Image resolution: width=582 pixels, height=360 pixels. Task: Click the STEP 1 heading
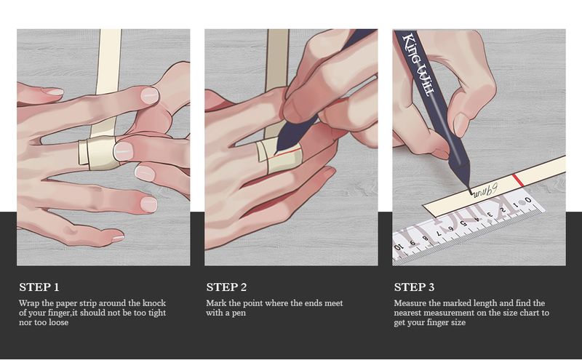[39, 287]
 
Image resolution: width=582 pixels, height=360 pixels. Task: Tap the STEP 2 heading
[226, 287]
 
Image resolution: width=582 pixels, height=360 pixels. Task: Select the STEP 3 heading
[414, 287]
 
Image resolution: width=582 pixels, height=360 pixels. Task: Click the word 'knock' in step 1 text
[154, 303]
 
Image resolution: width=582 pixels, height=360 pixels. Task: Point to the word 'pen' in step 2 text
[239, 313]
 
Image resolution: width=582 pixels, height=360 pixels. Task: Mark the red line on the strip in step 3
[518, 180]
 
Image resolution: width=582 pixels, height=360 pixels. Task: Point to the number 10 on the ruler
[397, 247]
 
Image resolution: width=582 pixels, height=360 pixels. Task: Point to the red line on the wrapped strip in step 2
[284, 154]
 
